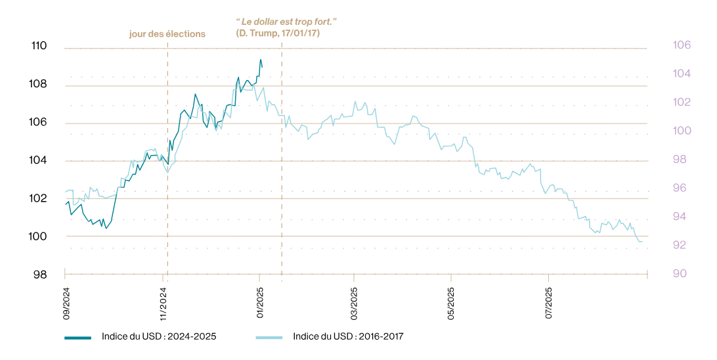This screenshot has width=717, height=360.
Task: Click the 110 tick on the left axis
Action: [39, 46]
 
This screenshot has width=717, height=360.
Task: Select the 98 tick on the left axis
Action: [40, 275]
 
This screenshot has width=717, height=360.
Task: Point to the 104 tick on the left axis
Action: [39, 160]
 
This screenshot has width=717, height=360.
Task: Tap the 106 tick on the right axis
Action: [682, 45]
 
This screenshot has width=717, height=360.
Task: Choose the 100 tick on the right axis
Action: [682, 131]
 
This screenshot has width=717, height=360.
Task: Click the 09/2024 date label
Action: [66, 300]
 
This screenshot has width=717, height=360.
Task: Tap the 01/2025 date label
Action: [260, 300]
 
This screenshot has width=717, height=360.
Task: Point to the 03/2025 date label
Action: [355, 300]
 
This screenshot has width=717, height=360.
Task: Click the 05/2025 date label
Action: [451, 300]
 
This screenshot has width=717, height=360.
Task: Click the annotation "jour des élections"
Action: [167, 34]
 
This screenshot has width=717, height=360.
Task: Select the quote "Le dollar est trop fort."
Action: [286, 22]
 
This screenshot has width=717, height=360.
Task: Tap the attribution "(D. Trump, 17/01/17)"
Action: [278, 33]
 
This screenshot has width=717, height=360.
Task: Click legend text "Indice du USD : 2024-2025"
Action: [159, 336]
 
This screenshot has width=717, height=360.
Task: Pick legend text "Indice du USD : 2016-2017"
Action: [348, 336]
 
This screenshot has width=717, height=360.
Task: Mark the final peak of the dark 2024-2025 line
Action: [261, 59]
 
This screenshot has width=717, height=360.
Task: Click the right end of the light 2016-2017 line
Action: [641, 242]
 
